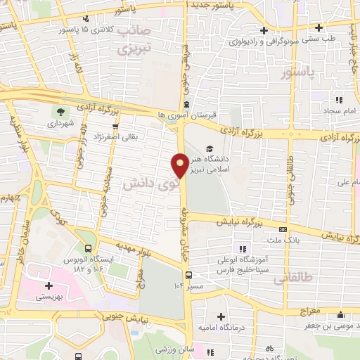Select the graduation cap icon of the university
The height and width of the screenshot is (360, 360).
click(x=209, y=148)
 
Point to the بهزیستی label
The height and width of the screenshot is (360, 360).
click(x=49, y=298)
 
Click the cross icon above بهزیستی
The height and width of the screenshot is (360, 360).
click(x=49, y=286)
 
